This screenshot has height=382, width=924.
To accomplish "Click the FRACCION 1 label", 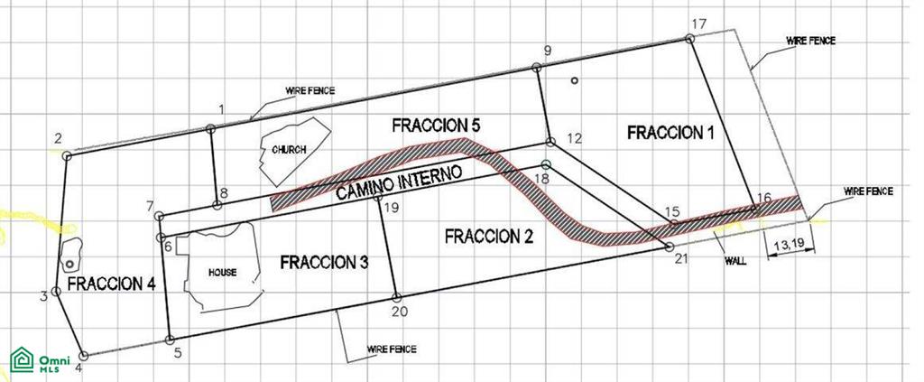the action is (x=670, y=132).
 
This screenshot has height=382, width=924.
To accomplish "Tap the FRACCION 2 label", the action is (x=488, y=237).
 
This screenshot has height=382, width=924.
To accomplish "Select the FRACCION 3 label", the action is (x=324, y=262).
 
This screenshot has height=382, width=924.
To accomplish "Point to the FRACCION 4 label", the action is (x=111, y=284).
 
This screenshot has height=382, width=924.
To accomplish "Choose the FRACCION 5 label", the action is (x=436, y=125).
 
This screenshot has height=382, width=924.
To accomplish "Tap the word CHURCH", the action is (x=289, y=150).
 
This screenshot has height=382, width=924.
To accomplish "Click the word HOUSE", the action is (x=222, y=273).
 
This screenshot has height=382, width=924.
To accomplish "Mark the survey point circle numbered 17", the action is (x=689, y=38).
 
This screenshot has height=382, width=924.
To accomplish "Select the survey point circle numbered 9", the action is (x=536, y=68).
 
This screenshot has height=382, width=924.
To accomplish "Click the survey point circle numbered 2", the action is (x=67, y=155).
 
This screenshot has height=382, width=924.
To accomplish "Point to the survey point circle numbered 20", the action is (x=397, y=298).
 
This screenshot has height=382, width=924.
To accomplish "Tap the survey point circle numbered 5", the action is (x=170, y=340).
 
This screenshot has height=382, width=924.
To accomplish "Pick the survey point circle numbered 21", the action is (x=669, y=247).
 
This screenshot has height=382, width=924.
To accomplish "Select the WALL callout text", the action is (x=735, y=261).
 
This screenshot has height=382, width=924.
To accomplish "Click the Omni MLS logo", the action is (x=40, y=359).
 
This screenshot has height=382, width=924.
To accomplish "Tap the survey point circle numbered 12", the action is (x=550, y=142).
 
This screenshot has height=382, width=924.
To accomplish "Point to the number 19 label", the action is (x=392, y=208).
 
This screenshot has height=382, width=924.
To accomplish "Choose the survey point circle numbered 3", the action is (x=56, y=291).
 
